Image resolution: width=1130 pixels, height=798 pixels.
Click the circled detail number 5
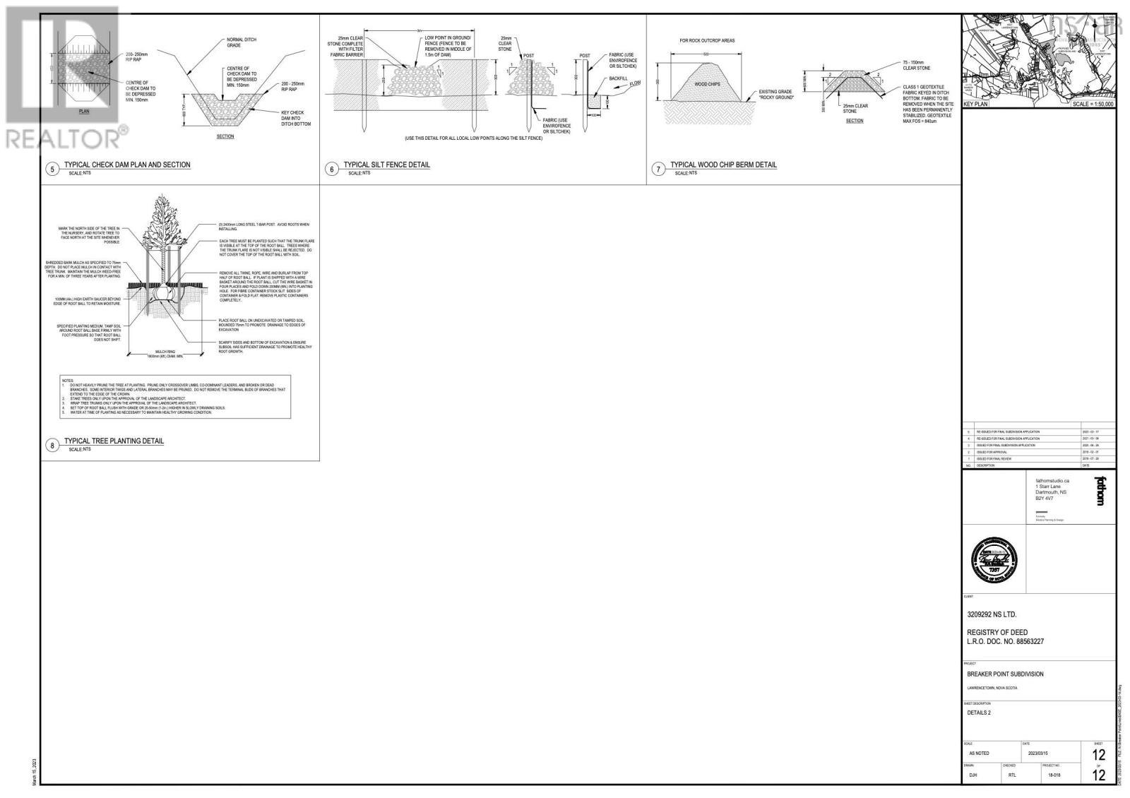click(x=52, y=169)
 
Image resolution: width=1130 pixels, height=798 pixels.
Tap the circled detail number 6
click(x=331, y=169)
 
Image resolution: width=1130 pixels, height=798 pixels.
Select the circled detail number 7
click(x=658, y=169)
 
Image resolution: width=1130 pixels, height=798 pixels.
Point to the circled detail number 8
click(x=52, y=445)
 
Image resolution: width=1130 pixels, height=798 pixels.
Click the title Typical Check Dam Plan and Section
click(x=127, y=165)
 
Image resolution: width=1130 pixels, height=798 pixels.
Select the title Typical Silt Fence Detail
click(x=386, y=165)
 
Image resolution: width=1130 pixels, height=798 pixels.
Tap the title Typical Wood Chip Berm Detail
click(x=723, y=165)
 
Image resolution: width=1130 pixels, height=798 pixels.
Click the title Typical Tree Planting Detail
click(x=114, y=441)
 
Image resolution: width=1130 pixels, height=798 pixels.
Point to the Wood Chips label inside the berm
click(x=706, y=84)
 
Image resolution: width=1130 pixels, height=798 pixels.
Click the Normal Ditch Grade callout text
click(x=241, y=42)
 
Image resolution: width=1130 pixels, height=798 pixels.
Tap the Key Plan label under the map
click(x=976, y=104)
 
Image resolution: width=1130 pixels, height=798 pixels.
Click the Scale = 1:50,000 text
click(x=1093, y=104)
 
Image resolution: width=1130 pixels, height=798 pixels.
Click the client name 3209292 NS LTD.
click(x=991, y=614)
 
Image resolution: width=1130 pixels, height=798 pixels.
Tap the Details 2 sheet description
click(x=979, y=713)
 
